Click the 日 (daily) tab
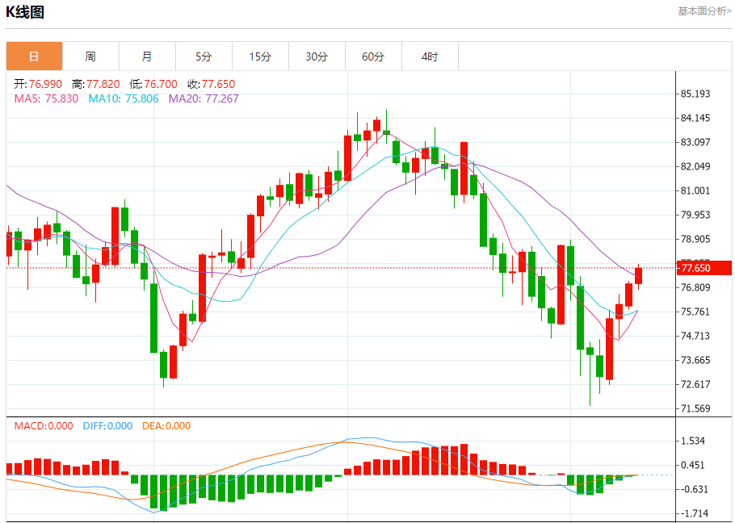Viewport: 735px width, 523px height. pos(34,56)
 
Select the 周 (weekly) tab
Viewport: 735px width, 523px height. pos(90,56)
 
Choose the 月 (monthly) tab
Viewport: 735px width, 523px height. pos(147,56)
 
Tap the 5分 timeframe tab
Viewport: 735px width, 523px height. pos(204,56)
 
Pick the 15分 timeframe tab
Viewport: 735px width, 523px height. pos(260,56)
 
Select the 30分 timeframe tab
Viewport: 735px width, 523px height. pos(317,56)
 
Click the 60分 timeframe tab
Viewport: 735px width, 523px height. pos(373,56)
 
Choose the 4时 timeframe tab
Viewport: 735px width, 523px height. pos(430,56)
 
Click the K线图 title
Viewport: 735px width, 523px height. pos(25,12)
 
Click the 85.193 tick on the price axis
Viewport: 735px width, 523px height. pos(695,94)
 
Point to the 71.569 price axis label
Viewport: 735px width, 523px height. pos(695,408)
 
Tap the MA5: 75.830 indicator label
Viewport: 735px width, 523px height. pos(46,98)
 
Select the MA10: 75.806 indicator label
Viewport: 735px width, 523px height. pos(124,98)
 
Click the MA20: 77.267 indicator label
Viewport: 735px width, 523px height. pos(204,98)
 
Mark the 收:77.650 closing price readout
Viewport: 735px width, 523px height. pos(211,84)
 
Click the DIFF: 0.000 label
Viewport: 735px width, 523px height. pos(107,425)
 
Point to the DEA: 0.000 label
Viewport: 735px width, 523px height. pos(166,425)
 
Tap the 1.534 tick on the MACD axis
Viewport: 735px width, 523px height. pos(694,441)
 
